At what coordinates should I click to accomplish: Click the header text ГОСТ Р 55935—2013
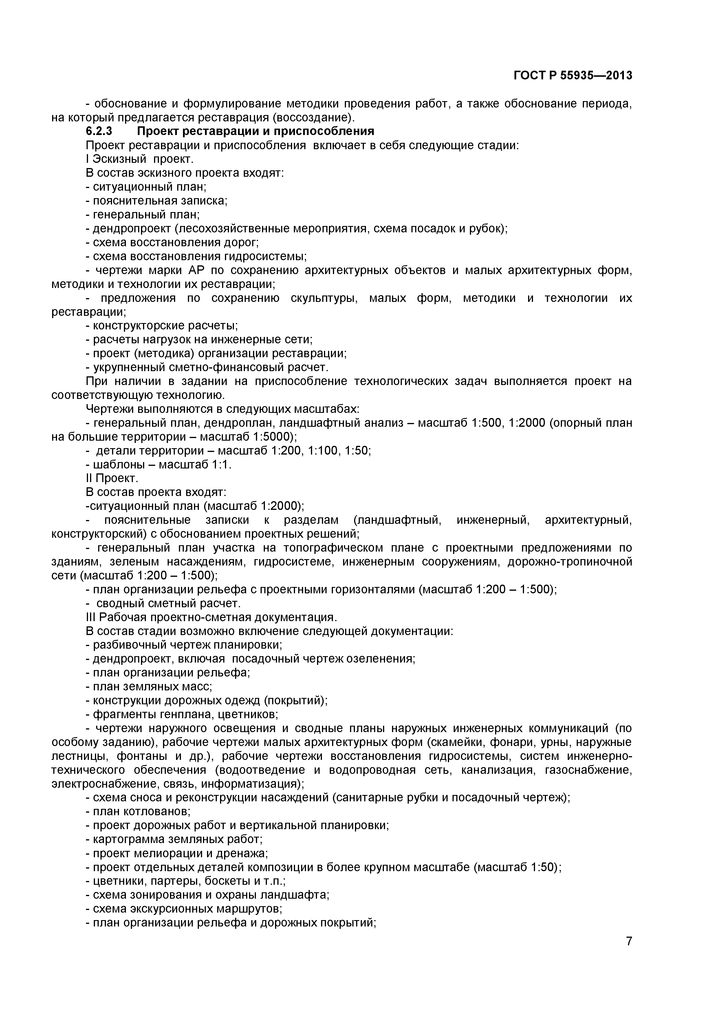point(573,76)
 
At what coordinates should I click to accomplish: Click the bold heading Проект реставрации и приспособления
point(256,132)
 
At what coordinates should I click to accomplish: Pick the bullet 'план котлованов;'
point(138,811)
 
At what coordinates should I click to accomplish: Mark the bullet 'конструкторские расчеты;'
point(162,326)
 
